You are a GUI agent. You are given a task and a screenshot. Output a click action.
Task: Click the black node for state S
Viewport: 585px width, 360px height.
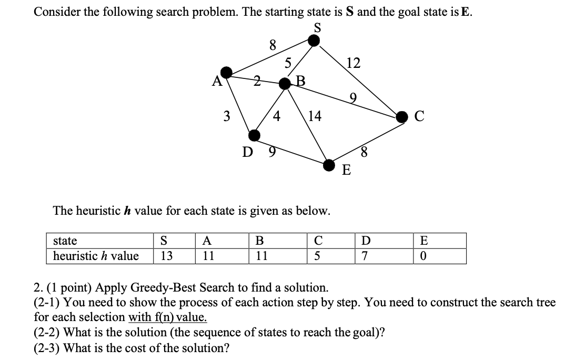[x=314, y=41]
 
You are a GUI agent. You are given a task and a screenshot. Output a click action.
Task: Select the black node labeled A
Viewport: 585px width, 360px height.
[x=226, y=72]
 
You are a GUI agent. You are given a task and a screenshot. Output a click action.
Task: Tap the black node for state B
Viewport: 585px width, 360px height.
[x=285, y=84]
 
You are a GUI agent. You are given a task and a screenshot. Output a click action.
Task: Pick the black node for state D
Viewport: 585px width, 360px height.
[x=255, y=135]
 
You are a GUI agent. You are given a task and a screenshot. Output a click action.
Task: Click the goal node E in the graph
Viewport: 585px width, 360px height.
[x=329, y=165]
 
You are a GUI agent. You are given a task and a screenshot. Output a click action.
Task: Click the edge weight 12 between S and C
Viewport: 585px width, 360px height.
[x=354, y=64]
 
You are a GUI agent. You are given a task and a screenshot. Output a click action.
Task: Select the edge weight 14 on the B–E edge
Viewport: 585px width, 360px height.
[x=315, y=116]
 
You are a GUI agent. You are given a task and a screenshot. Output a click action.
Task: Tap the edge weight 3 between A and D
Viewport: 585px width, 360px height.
[x=227, y=116]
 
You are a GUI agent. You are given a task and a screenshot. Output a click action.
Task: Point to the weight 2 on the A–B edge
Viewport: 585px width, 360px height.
[x=257, y=81]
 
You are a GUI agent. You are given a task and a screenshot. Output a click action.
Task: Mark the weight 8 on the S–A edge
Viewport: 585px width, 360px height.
[x=273, y=45]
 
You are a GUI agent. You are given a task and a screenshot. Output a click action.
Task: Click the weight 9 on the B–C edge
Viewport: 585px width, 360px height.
[x=354, y=97]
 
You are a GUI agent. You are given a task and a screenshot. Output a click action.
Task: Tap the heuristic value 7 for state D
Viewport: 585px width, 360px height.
[x=366, y=256]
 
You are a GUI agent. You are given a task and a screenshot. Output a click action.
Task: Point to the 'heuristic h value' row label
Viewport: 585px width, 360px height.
[x=96, y=256]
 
